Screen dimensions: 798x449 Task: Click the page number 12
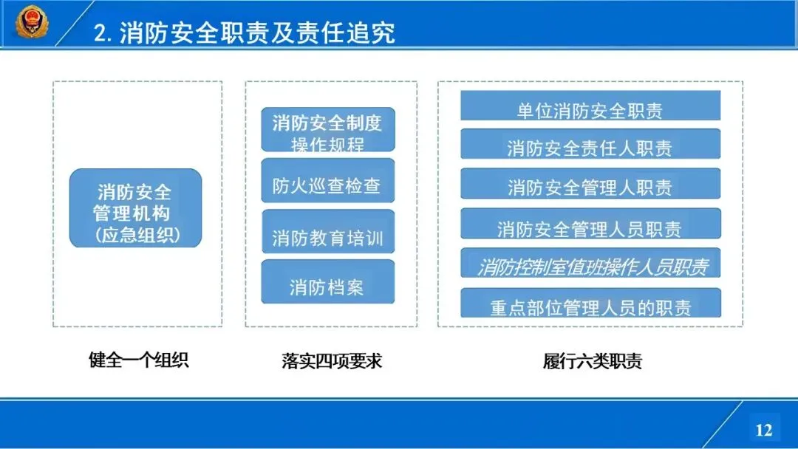point(763,429)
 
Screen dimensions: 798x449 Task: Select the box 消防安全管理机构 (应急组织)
point(135,208)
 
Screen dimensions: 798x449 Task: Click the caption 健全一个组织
point(138,360)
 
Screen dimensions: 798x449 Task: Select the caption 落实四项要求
point(332,360)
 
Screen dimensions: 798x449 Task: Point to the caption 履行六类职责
point(593,361)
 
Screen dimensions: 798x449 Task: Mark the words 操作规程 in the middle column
point(328,144)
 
